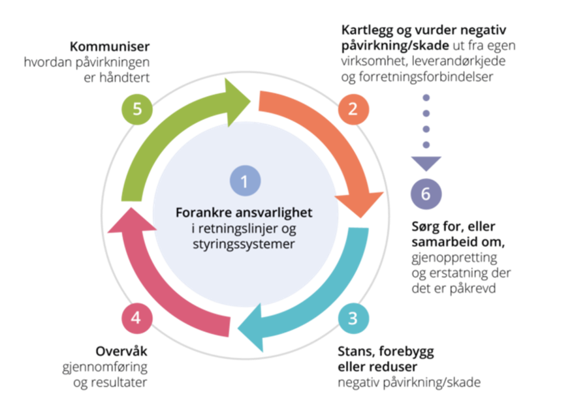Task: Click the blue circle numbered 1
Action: [x=245, y=181]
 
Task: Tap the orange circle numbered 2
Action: [x=353, y=109]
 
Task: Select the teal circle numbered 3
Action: [x=353, y=318]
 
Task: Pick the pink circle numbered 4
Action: [x=137, y=318]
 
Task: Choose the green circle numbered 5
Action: [x=137, y=109]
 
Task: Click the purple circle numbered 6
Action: [x=426, y=194]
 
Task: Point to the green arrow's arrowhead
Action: [x=236, y=102]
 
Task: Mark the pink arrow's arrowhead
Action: [x=132, y=221]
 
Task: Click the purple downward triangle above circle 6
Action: [x=426, y=163]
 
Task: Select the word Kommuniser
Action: [x=110, y=46]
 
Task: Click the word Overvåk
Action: [x=121, y=351]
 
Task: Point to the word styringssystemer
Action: [x=244, y=244]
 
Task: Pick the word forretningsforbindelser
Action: [x=426, y=76]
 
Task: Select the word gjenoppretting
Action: [x=454, y=258]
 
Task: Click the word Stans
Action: [x=356, y=352]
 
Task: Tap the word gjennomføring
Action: [x=104, y=367]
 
